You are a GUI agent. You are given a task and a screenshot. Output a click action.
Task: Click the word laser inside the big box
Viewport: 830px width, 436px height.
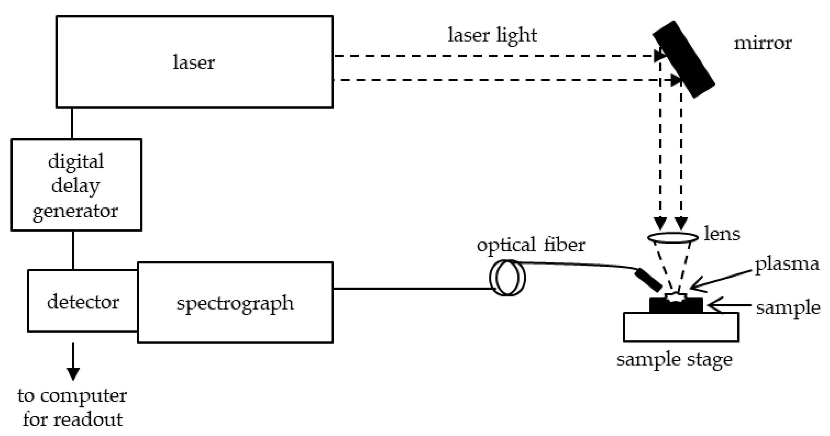click(194, 62)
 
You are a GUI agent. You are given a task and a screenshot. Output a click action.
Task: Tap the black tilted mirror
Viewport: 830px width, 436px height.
click(684, 59)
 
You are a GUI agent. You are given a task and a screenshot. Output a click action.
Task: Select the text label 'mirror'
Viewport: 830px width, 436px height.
click(762, 43)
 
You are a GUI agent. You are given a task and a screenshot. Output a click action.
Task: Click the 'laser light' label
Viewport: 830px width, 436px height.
click(492, 35)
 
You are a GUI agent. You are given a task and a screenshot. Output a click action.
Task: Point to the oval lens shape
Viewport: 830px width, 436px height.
click(673, 237)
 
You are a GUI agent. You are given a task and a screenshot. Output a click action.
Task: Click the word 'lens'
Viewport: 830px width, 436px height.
click(722, 234)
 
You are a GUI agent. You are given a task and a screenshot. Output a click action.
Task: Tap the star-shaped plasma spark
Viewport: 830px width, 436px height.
click(676, 297)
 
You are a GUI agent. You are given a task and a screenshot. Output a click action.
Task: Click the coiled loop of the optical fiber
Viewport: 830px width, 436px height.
click(507, 278)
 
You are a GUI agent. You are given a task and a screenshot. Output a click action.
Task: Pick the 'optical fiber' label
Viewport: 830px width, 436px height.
click(531, 245)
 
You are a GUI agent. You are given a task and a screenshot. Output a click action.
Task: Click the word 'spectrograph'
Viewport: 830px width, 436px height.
click(235, 303)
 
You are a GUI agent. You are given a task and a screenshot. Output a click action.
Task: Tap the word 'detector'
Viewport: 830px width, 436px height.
click(83, 302)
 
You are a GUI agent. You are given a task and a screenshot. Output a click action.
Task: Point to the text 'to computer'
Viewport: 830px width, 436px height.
click(72, 395)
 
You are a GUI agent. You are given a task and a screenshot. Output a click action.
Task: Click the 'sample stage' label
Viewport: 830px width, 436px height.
click(674, 359)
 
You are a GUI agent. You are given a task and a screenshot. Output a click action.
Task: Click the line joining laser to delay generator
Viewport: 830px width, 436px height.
click(72, 123)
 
